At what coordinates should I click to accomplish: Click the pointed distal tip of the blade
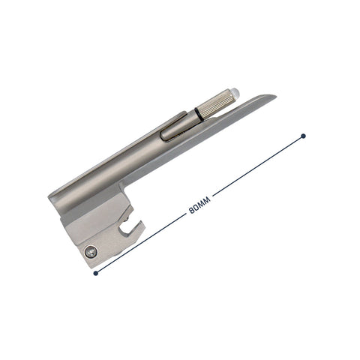(274, 97)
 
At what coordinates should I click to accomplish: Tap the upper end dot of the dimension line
(303, 136)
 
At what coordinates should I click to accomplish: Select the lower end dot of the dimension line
(95, 274)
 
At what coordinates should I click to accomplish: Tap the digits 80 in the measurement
(193, 208)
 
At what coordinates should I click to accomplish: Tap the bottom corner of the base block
(88, 266)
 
